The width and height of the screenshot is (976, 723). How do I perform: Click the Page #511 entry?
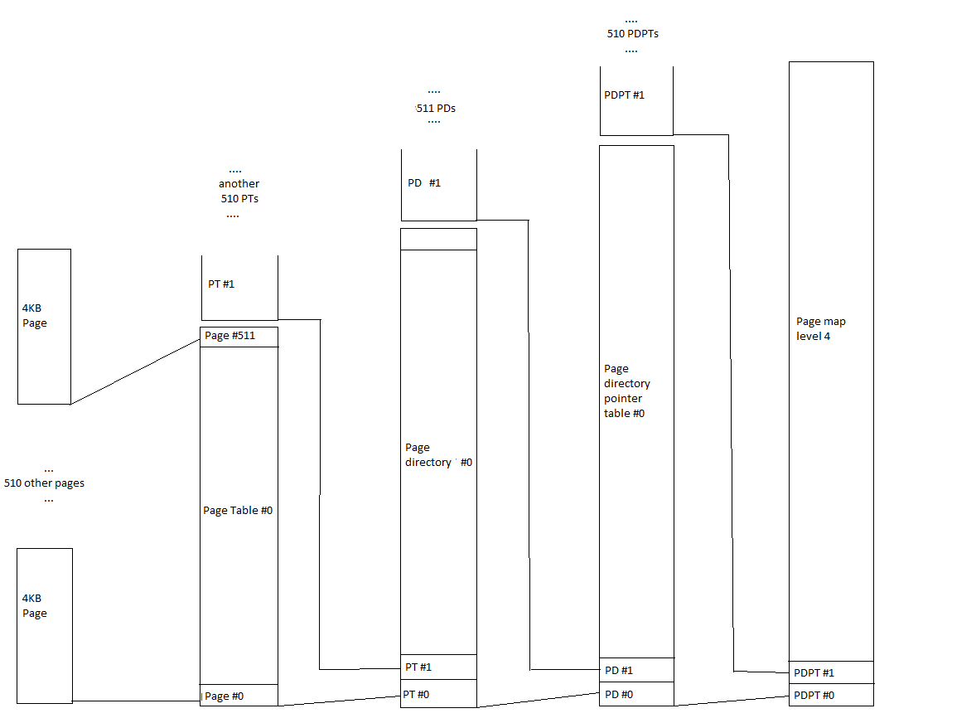click(x=239, y=337)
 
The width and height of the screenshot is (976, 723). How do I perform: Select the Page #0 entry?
click(x=239, y=696)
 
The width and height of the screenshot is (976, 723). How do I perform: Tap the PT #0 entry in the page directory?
click(x=438, y=694)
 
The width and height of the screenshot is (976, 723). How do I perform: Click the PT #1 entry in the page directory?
click(x=438, y=667)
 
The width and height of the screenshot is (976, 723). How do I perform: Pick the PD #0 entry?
click(x=636, y=694)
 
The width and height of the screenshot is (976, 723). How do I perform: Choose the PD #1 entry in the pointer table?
click(x=636, y=670)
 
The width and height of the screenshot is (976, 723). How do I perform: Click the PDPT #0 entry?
click(x=831, y=695)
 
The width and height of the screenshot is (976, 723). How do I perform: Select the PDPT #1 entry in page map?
click(x=831, y=672)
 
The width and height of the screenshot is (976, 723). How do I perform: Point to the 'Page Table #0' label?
click(x=238, y=511)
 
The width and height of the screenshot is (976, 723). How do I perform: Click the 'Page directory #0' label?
click(x=438, y=455)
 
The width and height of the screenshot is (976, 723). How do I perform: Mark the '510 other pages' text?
click(x=44, y=483)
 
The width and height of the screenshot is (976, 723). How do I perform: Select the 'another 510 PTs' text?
click(x=239, y=192)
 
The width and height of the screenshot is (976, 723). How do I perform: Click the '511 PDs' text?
click(x=435, y=109)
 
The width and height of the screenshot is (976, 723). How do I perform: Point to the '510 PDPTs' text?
click(x=632, y=34)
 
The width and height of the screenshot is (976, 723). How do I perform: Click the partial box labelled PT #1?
click(x=239, y=287)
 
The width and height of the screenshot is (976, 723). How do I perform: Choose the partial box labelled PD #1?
click(x=438, y=185)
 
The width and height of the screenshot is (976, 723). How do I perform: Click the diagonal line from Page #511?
click(x=135, y=371)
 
